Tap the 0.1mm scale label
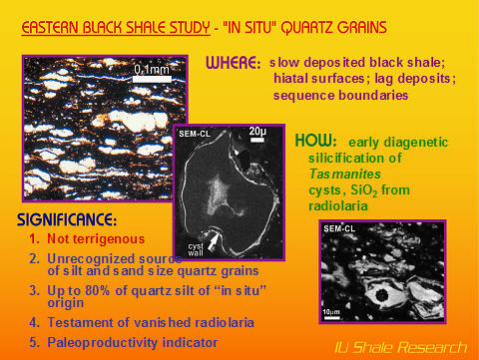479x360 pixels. [151, 68]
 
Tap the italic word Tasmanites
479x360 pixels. [337, 174]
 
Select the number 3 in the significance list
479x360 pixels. [34, 289]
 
